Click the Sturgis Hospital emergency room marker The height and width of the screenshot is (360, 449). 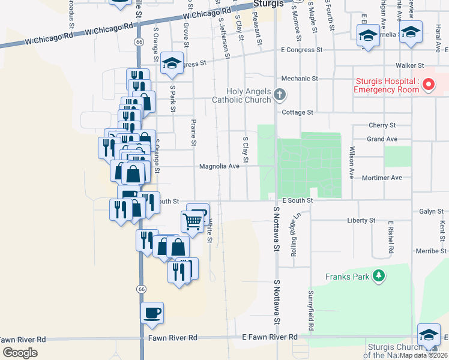click(x=429, y=85)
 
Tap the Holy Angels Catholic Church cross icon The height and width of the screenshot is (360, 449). click(x=279, y=94)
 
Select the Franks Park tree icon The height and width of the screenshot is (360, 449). click(x=379, y=276)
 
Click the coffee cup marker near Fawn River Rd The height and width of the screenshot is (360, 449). click(x=152, y=313)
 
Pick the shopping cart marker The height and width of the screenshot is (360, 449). click(x=193, y=221)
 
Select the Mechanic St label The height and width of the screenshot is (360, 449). click(x=300, y=79)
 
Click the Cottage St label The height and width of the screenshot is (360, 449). click(x=298, y=112)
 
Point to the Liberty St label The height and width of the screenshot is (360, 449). click(x=361, y=221)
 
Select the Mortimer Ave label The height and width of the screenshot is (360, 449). click(x=382, y=178)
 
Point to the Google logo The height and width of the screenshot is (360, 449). click(x=20, y=353)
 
